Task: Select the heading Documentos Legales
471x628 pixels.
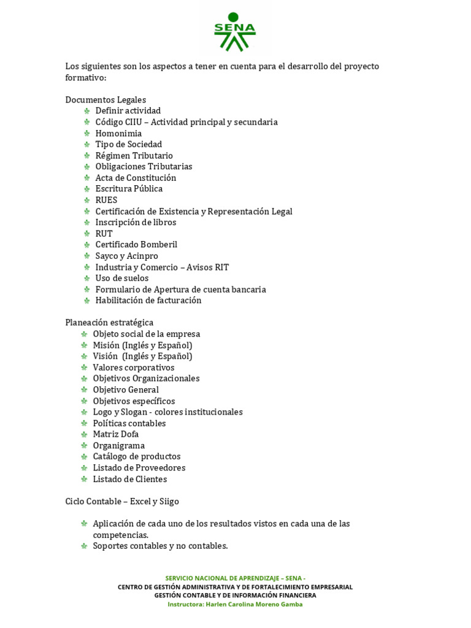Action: tap(105, 99)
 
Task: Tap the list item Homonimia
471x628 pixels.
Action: tap(118, 133)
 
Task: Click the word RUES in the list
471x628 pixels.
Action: tap(106, 200)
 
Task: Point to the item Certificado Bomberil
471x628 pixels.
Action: tap(136, 244)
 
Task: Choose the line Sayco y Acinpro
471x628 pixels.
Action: tap(126, 256)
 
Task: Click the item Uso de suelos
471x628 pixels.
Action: tap(122, 278)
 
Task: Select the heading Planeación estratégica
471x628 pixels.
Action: tap(109, 322)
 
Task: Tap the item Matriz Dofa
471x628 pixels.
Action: tap(116, 434)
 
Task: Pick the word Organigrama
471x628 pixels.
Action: tap(119, 445)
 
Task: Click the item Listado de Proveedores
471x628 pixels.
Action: tap(139, 467)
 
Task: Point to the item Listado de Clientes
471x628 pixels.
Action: tap(130, 479)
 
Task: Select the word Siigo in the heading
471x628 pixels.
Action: tap(169, 501)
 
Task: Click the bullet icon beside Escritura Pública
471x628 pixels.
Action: tap(87, 189)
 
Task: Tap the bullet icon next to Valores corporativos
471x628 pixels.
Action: tap(84, 367)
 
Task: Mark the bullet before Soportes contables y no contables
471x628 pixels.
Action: tap(84, 546)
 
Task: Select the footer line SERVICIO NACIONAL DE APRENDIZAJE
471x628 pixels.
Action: tap(235, 578)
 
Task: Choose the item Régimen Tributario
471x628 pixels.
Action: tap(134, 156)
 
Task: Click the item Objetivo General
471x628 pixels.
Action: tap(126, 389)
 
